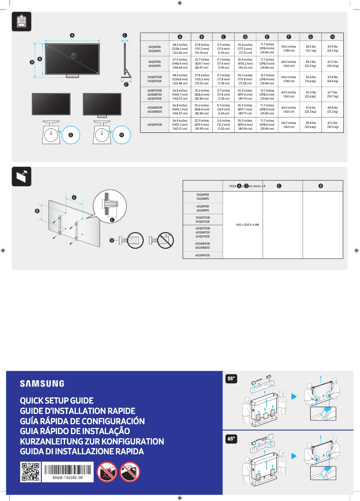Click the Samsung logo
(42, 383)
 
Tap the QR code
(31, 472)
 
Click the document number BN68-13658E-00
(68, 478)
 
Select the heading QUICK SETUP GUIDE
(57, 400)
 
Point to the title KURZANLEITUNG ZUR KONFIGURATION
(92, 441)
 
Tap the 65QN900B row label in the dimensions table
(155, 124)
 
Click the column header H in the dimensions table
(332, 36)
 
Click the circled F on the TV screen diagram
(73, 55)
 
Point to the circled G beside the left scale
(70, 135)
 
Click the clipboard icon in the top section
(21, 21)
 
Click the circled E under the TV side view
(126, 84)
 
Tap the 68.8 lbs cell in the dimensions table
(332, 110)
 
